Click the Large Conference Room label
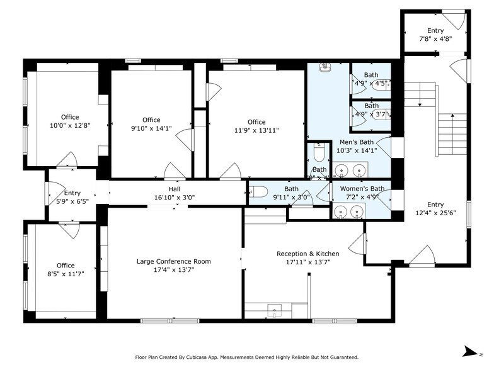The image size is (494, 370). click(174, 261)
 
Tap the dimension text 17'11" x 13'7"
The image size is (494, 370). click(307, 263)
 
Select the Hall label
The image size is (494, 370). click(174, 189)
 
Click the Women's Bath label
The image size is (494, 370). click(362, 189)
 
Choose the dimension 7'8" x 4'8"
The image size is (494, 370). click(435, 38)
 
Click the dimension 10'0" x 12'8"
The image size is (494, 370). click(70, 125)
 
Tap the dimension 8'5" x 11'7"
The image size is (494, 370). click(66, 274)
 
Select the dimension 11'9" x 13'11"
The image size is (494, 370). click(256, 130)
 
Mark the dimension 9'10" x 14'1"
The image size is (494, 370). click(151, 128)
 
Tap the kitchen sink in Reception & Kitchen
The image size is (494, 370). click(275, 309)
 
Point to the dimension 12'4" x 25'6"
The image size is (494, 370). click(435, 213)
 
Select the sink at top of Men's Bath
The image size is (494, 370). click(325, 67)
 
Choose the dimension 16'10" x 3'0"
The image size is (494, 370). click(174, 197)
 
